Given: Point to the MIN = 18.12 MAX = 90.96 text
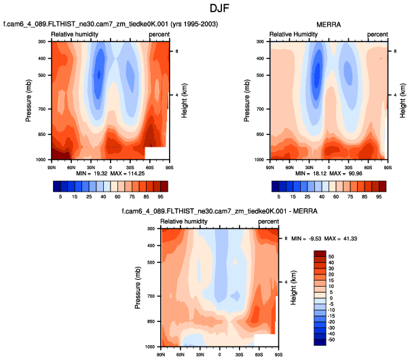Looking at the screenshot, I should coord(329,173).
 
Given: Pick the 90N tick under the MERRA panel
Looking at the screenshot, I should coord(269,166).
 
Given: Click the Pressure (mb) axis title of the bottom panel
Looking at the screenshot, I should coord(138,287).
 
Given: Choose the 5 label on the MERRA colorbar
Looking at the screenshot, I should coord(278,197).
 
